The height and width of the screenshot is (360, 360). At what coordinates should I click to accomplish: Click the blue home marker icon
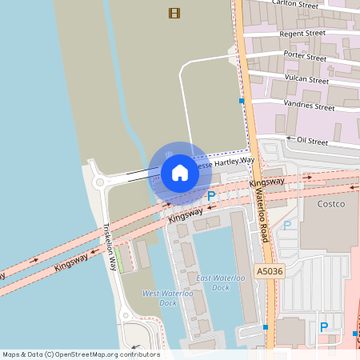click(x=180, y=173)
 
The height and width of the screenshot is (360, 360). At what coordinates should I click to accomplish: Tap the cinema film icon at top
click(x=174, y=13)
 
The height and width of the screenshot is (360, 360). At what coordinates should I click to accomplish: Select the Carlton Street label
click(x=295, y=4)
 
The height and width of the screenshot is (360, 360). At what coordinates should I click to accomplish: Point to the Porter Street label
click(x=305, y=56)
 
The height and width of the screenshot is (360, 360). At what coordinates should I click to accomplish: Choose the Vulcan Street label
click(x=306, y=79)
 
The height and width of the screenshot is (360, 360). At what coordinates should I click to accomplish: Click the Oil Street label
click(x=312, y=141)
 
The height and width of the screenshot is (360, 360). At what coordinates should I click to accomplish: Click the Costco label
click(x=330, y=204)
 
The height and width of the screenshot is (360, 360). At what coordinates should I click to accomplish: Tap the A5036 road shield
click(x=268, y=272)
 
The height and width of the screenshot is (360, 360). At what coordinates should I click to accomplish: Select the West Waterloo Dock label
click(x=167, y=298)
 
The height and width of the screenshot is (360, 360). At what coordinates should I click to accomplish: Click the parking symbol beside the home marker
click(x=211, y=195)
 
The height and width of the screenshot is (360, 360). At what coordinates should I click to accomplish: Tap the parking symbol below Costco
click(x=324, y=326)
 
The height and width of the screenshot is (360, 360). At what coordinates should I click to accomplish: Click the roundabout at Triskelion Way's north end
click(x=100, y=182)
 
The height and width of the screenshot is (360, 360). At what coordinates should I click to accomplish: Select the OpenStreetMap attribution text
click(x=81, y=354)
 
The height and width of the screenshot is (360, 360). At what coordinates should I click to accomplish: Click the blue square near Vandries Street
click(x=242, y=102)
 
